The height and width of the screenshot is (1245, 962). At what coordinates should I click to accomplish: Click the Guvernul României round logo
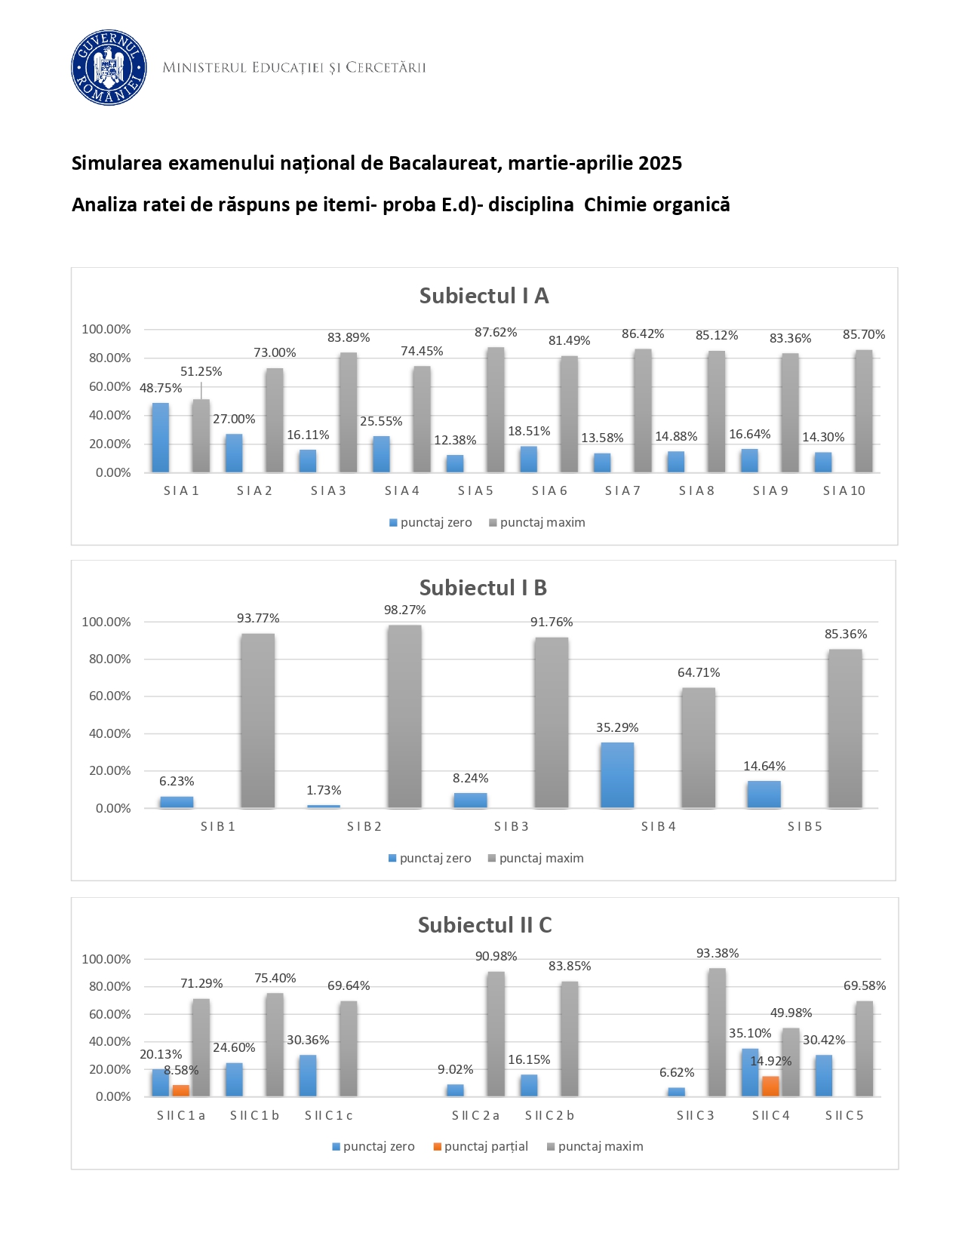pyautogui.click(x=109, y=68)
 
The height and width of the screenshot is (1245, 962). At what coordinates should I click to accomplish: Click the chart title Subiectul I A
pyautogui.click(x=484, y=296)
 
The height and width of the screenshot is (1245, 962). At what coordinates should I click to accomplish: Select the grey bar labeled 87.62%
pyautogui.click(x=495, y=410)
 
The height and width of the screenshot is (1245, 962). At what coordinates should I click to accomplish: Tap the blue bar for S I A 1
pyautogui.click(x=161, y=438)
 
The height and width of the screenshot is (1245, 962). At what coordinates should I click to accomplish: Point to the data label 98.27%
pyautogui.click(x=404, y=610)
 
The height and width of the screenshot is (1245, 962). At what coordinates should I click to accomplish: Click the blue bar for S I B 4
pyautogui.click(x=617, y=775)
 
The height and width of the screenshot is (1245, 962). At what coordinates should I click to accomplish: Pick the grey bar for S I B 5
pyautogui.click(x=844, y=728)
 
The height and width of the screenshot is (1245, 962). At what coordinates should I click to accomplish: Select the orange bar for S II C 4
pyautogui.click(x=770, y=1086)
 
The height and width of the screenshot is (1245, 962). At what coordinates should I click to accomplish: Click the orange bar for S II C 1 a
pyautogui.click(x=180, y=1090)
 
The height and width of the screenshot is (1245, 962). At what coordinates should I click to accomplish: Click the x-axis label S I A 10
pyautogui.click(x=844, y=490)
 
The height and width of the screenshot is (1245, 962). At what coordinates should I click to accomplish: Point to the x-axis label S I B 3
pyautogui.click(x=511, y=826)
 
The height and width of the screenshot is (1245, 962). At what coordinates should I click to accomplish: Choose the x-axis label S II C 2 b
pyautogui.click(x=549, y=1115)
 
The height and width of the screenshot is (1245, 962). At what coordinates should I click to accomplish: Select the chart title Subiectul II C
pyautogui.click(x=484, y=925)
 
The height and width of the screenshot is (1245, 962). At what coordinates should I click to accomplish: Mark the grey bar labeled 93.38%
pyautogui.click(x=717, y=1032)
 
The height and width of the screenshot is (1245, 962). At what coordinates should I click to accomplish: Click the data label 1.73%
pyautogui.click(x=324, y=790)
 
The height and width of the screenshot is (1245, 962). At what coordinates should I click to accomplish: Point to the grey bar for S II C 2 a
pyautogui.click(x=495, y=1034)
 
